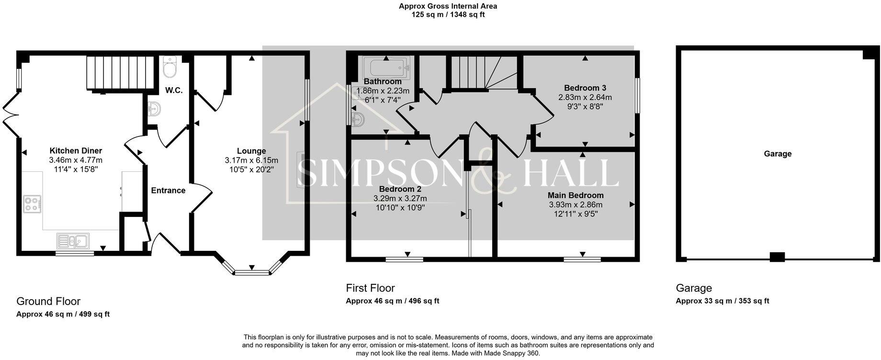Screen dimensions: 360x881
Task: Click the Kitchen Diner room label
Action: (76, 151)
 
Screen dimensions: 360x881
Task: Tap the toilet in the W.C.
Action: (169, 67)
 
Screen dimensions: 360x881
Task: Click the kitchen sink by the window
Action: (73, 240)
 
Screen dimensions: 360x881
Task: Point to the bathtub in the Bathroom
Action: (386, 67)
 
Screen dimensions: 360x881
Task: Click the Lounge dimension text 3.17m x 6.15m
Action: (251, 160)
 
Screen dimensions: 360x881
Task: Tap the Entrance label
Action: (168, 191)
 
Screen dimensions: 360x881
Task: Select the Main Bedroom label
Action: (576, 195)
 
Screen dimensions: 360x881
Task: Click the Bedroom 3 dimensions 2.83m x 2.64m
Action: (585, 97)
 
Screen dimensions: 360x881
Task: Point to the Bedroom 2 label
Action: (400, 189)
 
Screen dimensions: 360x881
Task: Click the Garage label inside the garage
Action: (778, 154)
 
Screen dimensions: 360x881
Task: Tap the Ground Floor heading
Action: (48, 301)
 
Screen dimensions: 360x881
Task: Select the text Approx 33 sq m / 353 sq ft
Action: (722, 301)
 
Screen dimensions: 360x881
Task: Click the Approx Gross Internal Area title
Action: (448, 6)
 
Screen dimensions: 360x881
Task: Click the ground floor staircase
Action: (120, 73)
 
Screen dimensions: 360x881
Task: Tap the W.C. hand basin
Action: (155, 110)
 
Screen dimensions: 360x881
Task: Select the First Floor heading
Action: (370, 288)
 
